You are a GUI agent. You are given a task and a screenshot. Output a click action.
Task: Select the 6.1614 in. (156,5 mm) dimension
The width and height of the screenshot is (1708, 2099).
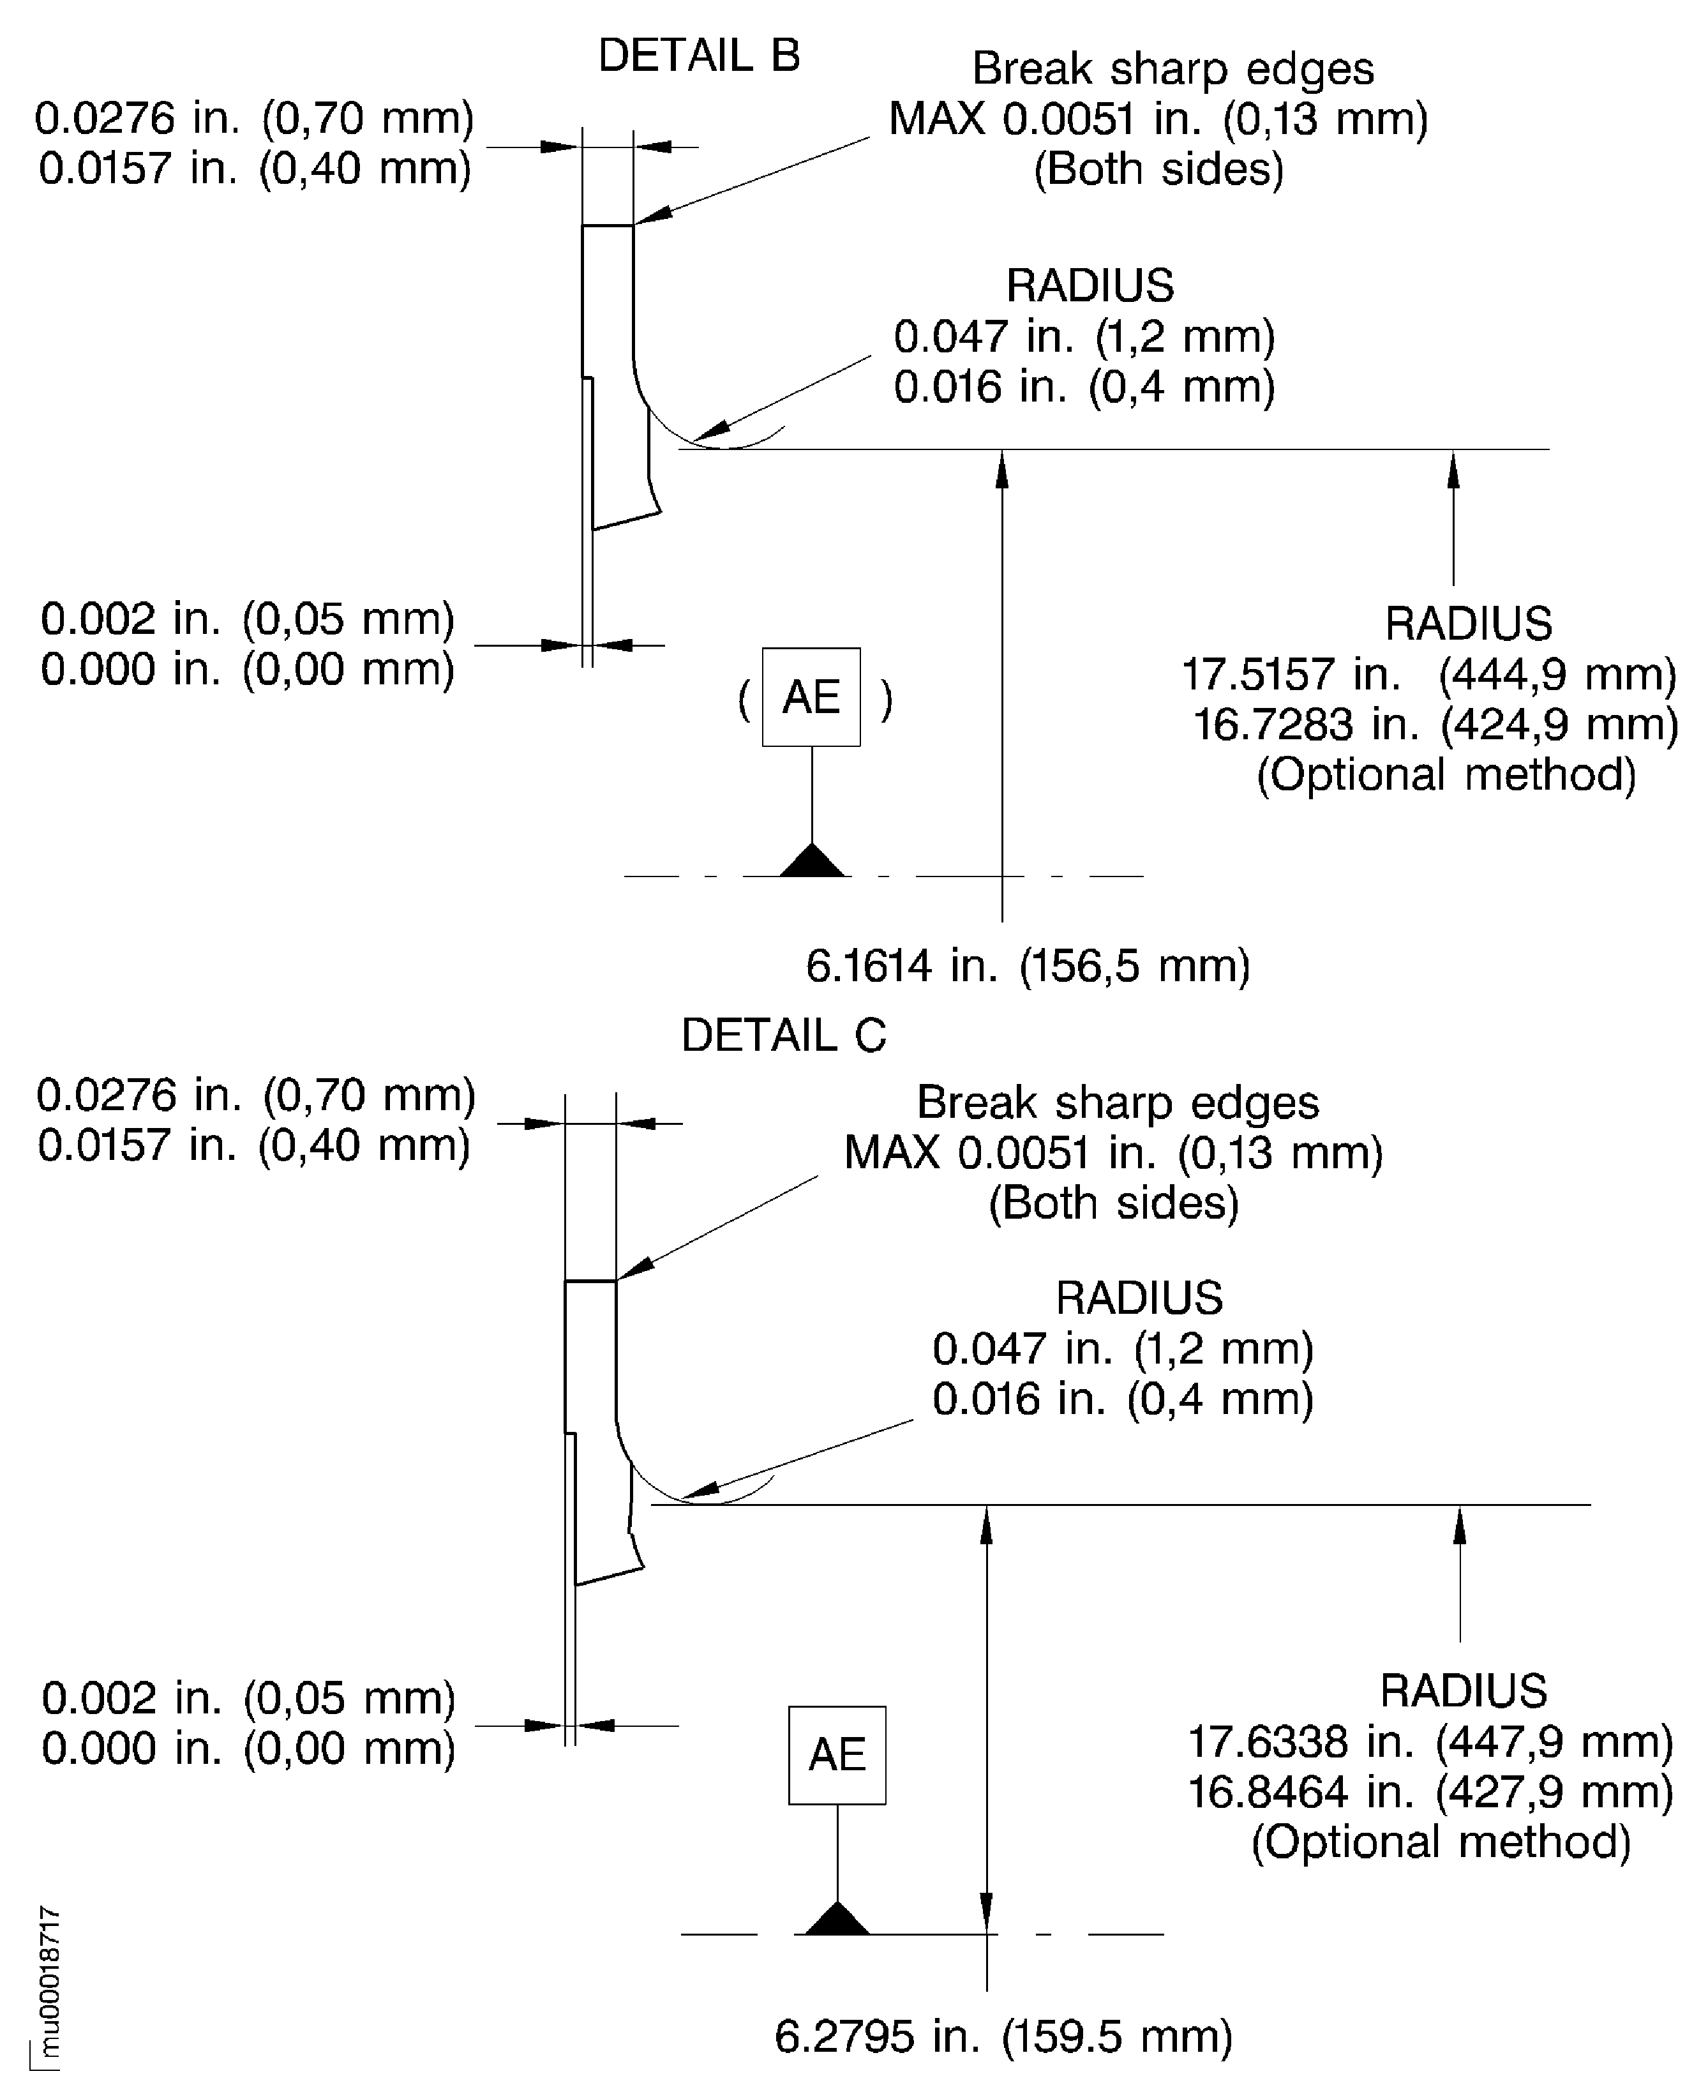(x=1027, y=967)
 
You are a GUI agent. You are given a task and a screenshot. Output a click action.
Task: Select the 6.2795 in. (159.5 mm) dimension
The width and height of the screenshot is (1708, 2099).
(x=1003, y=2036)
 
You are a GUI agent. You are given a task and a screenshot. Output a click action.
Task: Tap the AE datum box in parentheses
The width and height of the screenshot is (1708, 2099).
(x=811, y=696)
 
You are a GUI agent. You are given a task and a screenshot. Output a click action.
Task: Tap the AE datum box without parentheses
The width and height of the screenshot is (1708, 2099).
(x=836, y=1754)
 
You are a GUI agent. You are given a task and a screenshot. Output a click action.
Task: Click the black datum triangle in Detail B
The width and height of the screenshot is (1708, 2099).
(x=812, y=861)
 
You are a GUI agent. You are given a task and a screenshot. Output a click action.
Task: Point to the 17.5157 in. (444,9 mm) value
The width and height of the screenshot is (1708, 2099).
(x=1428, y=675)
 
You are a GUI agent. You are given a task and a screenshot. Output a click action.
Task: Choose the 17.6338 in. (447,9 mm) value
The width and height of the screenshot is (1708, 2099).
(x=1430, y=1742)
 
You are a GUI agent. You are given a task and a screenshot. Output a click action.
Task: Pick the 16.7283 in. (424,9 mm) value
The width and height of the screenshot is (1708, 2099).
(x=1434, y=725)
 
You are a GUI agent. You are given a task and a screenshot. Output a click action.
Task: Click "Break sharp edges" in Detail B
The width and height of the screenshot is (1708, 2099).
(x=1172, y=69)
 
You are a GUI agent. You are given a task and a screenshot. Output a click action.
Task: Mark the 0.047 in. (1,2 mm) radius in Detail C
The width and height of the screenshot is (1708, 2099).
(x=1123, y=1348)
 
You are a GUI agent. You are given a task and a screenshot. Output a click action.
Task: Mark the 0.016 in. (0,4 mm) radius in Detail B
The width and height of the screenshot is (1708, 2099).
(x=1083, y=387)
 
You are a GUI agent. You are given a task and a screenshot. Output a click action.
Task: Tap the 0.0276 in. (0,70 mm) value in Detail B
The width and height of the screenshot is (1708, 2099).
(x=255, y=118)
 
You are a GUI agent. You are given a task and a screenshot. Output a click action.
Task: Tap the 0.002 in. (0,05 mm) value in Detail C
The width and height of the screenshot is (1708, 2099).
(x=248, y=1699)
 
